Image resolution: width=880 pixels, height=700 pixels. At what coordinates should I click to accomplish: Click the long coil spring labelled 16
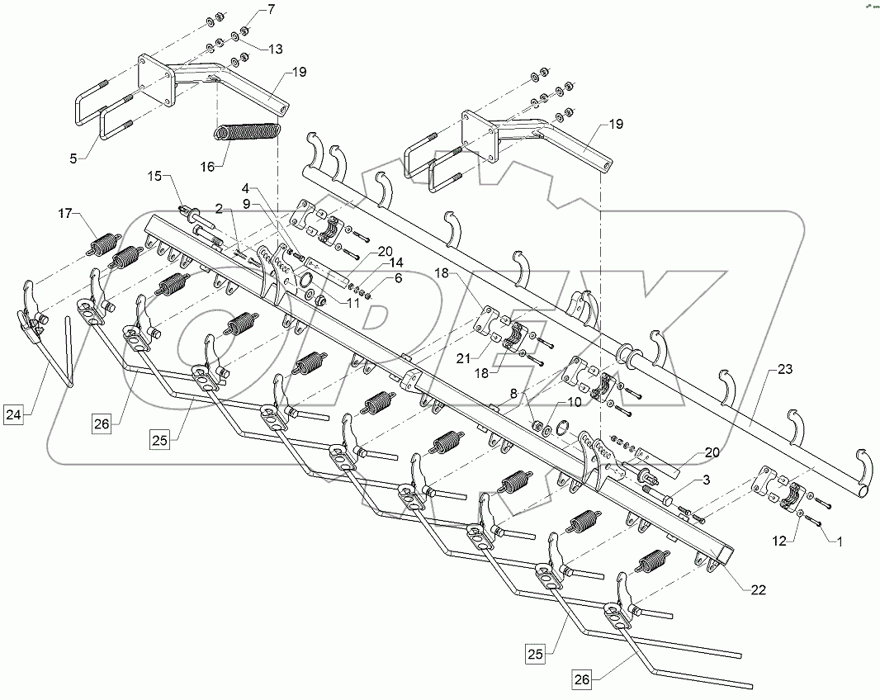[248, 132]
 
